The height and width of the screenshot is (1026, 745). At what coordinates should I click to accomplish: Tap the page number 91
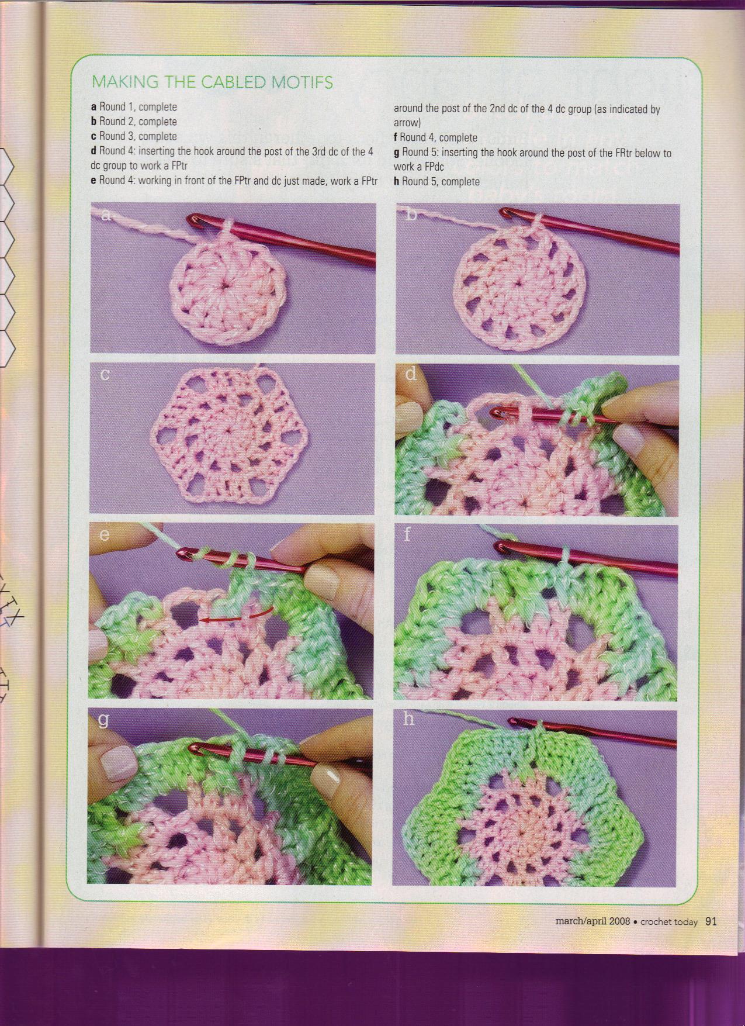711,921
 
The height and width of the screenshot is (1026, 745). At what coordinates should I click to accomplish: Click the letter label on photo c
105,374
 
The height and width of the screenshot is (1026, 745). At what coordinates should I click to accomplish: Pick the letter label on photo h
409,718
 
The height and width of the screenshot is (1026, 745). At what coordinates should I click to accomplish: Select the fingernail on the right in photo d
626,436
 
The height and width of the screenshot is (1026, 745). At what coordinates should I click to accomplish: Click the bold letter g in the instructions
396,153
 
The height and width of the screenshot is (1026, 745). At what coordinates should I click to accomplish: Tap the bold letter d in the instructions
93,151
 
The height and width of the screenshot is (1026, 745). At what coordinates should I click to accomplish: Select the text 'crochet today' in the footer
668,922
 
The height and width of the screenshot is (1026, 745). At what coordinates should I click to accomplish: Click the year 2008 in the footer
619,922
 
